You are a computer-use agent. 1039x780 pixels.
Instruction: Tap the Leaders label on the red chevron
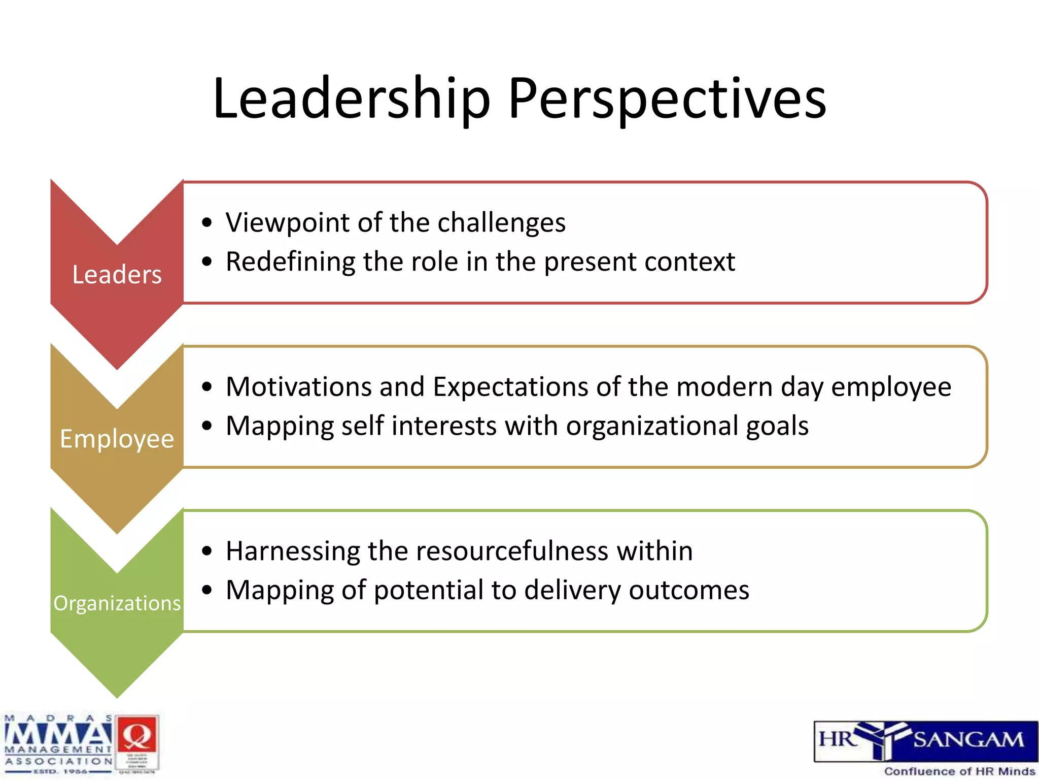point(117,275)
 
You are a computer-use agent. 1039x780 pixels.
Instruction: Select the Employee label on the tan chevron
point(117,439)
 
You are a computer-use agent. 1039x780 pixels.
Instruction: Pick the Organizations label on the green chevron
point(117,603)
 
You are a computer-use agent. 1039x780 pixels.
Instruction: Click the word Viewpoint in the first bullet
point(288,223)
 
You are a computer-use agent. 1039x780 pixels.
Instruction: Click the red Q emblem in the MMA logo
point(136,736)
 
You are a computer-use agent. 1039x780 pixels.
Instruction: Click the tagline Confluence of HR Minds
point(959,771)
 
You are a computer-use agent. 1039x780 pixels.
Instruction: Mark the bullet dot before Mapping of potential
point(206,591)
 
